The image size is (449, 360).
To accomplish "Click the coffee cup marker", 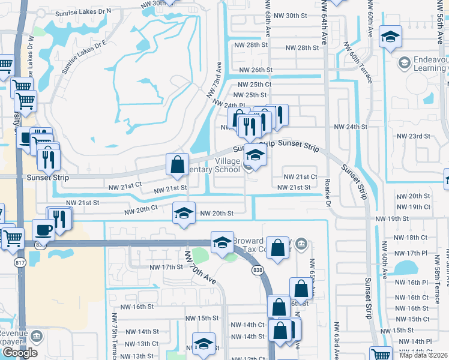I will coord(43,229).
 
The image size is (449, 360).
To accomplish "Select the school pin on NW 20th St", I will coord(184,212).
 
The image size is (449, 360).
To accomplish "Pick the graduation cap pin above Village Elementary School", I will coord(255,158).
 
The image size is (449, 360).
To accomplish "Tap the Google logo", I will coord(19,353).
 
